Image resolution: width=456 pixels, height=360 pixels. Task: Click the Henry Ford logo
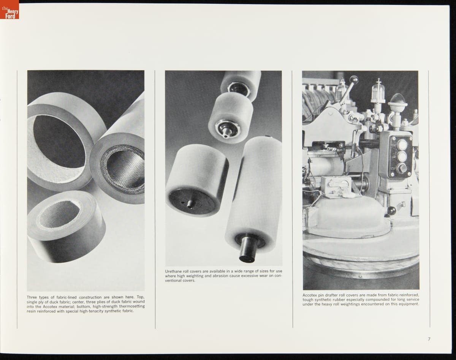9,9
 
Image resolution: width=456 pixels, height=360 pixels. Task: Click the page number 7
429,339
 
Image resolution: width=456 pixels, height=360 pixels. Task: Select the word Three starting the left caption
32,297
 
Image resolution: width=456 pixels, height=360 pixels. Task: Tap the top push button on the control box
402,144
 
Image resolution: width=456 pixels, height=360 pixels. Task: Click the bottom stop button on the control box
402,168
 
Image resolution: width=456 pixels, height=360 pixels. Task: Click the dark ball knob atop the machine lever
354,79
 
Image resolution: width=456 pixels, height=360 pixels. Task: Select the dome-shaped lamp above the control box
397,100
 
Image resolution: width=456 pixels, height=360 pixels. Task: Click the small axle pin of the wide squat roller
190,204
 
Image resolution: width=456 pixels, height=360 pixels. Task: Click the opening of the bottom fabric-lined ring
59,214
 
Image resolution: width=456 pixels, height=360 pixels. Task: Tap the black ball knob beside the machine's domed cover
391,211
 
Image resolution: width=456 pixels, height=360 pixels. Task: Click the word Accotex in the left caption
50,306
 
